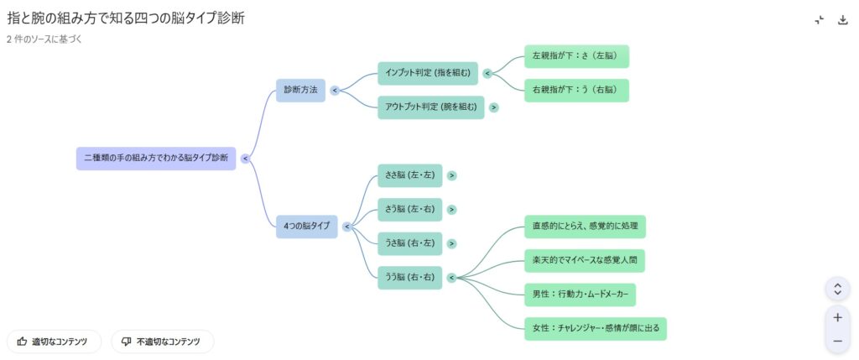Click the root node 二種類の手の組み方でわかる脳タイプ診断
[x=156, y=158]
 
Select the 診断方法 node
[x=300, y=90]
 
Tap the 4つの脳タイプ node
[x=306, y=227]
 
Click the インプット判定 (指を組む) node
[x=428, y=73]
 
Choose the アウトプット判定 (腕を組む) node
[x=430, y=107]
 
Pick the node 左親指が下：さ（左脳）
[x=576, y=56]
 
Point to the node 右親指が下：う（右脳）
[x=576, y=90]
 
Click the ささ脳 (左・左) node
[x=409, y=175]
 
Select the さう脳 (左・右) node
[x=409, y=210]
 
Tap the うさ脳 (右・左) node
[x=409, y=243]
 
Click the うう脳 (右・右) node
[x=409, y=278]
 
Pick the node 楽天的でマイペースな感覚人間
[x=584, y=261]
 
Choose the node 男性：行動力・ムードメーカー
[x=579, y=295]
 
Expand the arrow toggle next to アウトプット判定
[x=494, y=107]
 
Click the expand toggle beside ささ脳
[x=452, y=175]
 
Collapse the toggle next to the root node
[x=245, y=158]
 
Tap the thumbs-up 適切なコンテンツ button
[x=54, y=342]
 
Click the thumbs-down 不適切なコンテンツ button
[x=162, y=342]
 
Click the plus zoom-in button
[x=837, y=318]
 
